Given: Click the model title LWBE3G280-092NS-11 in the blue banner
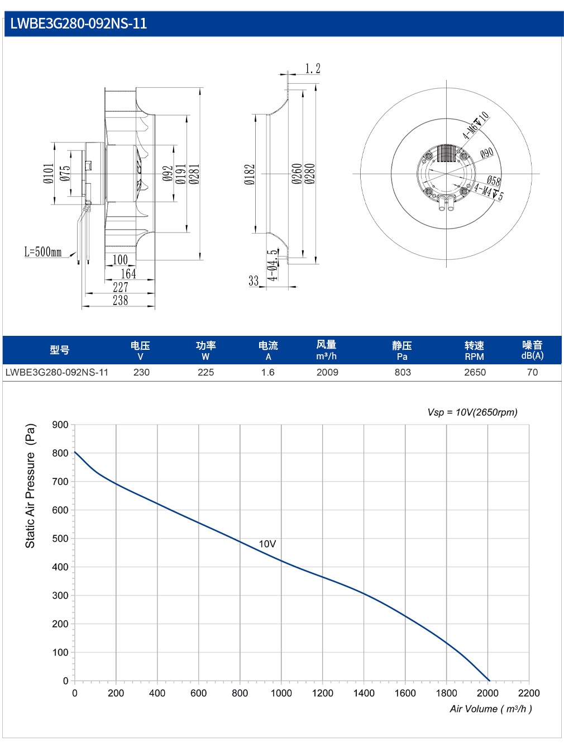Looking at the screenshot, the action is tap(79, 23).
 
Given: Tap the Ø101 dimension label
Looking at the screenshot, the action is tap(49, 174).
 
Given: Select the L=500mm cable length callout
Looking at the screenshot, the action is tap(43, 252).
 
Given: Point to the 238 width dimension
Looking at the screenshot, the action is tap(121, 301).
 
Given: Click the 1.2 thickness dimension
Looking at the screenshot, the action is tap(312, 68).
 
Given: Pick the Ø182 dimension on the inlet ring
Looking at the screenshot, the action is tap(249, 174).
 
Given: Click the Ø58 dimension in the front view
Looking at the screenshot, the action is tap(494, 180).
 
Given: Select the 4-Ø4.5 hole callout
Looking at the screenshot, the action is tap(273, 265).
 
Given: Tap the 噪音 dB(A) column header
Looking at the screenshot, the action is tap(532, 350).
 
